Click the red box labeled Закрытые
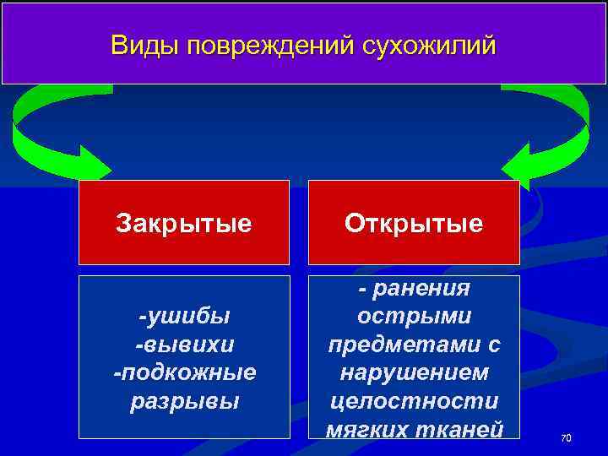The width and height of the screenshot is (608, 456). click(x=183, y=223)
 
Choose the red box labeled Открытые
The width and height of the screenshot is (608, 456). click(x=413, y=223)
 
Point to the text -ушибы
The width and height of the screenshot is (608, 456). click(x=184, y=317)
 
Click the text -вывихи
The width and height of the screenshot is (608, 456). click(x=184, y=345)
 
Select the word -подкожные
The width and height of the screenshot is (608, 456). click(x=184, y=372)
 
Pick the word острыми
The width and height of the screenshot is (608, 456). click(x=414, y=317)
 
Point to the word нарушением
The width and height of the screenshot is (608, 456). click(x=414, y=372)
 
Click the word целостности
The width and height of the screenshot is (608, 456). click(x=414, y=400)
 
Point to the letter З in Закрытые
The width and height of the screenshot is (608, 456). click(x=123, y=223)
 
